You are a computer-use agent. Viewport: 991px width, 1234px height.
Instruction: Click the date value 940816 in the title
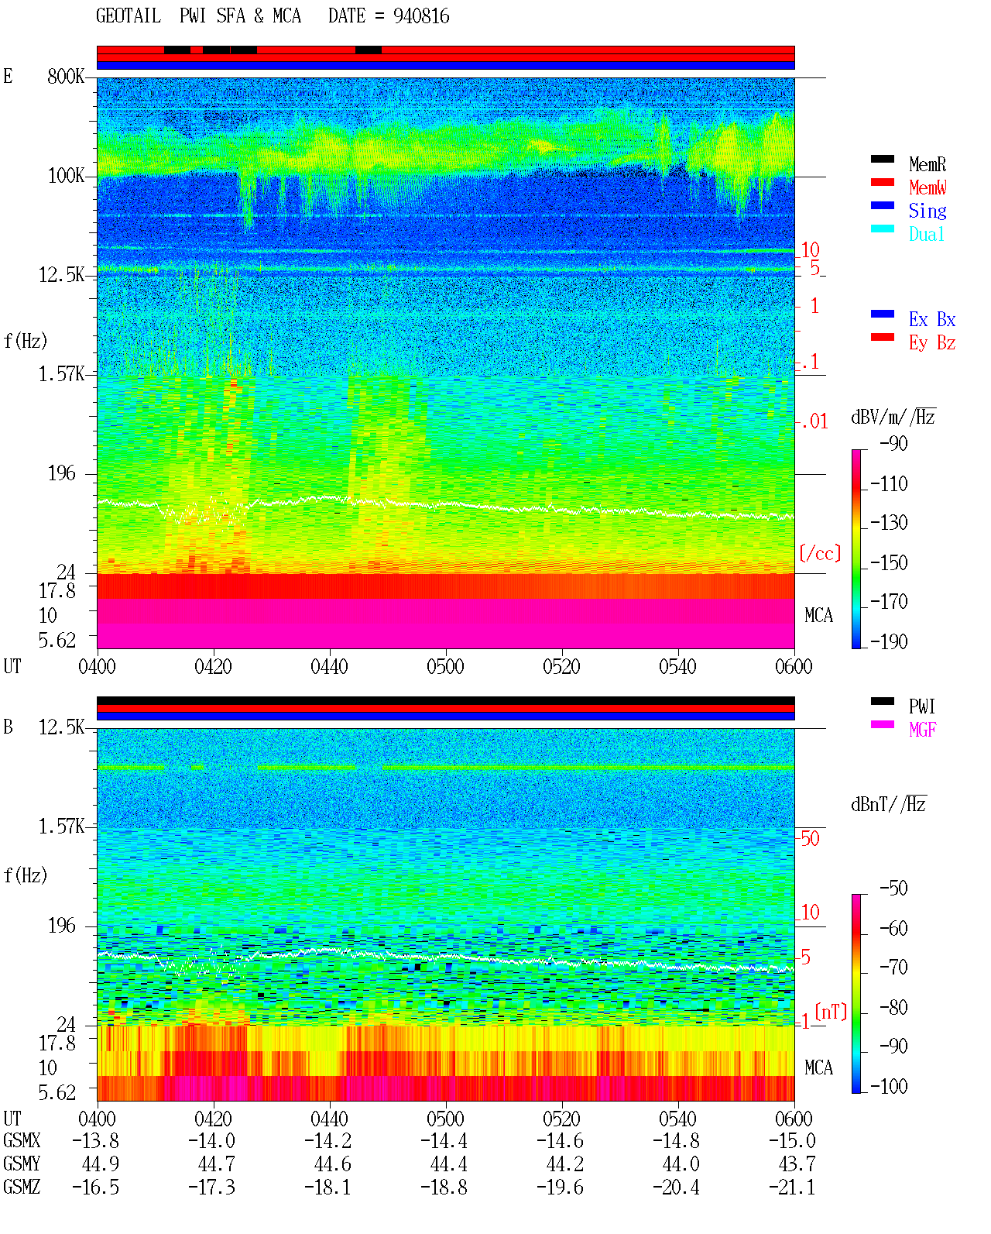pos(420,16)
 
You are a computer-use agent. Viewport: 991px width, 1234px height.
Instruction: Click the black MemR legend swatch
pos(882,159)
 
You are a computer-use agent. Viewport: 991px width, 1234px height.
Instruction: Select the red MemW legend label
pos(927,187)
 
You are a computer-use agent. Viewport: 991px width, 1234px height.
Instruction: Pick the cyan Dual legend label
pos(926,234)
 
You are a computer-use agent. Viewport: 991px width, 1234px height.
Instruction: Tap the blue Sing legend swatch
pos(882,205)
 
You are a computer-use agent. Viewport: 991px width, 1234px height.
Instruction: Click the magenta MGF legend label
pos(922,730)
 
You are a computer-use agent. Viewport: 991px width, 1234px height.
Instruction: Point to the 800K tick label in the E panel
pos(66,76)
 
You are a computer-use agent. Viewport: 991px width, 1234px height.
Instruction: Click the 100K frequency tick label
pos(66,176)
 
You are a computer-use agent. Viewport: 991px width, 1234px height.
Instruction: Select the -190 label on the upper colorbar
pos(889,641)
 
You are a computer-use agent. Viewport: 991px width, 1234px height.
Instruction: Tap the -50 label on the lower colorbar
pos(893,889)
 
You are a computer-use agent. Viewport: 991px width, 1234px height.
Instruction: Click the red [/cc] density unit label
pos(820,553)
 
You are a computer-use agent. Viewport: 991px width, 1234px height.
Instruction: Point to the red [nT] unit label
pos(831,1011)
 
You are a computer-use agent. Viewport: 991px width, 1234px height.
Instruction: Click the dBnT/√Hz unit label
pos(888,805)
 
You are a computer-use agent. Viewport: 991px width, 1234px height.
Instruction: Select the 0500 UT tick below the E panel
pos(445,666)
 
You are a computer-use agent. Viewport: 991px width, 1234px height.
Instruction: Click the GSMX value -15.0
pos(792,1140)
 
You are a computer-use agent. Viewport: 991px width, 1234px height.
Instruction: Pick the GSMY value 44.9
pos(101,1164)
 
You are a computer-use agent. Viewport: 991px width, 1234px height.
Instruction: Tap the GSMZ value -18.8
pos(444,1187)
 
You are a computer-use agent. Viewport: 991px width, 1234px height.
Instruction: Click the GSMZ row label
pos(22,1187)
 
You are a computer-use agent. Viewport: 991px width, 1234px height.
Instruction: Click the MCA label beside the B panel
pos(818,1067)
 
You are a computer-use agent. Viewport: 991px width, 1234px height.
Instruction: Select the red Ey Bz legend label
pos(932,342)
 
